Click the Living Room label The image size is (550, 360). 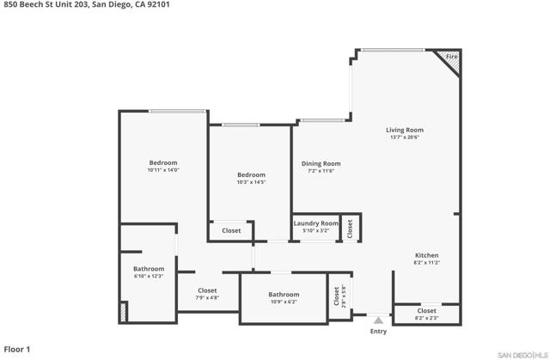click(x=405, y=130)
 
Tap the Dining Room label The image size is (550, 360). click(x=321, y=163)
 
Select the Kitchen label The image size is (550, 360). click(x=426, y=255)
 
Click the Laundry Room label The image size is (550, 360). click(x=316, y=223)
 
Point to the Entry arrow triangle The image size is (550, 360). click(x=378, y=320)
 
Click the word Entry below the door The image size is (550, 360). click(x=378, y=332)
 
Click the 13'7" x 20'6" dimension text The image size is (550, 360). click(x=405, y=137)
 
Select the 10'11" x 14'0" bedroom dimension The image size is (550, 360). click(x=163, y=170)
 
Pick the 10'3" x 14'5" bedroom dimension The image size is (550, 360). click(x=251, y=182)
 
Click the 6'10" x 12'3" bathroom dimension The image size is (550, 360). click(x=149, y=276)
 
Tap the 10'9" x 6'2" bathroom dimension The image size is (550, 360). click(x=284, y=302)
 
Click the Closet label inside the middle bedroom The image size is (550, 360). click(x=231, y=230)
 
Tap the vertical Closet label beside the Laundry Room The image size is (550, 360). click(x=350, y=229)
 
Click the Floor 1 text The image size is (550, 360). click(x=17, y=350)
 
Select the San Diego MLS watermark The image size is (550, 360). click(x=522, y=356)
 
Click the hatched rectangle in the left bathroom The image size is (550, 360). click(x=123, y=312)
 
